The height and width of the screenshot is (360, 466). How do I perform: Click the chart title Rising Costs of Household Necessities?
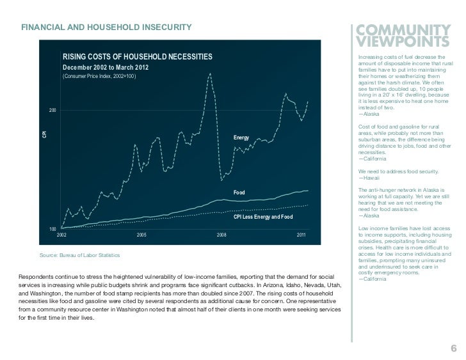[136, 57]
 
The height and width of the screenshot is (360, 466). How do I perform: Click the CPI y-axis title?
[44, 134]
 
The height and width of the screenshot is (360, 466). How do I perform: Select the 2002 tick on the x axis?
[61, 235]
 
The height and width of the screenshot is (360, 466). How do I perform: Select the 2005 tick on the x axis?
[141, 235]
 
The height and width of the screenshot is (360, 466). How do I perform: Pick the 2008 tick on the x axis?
[221, 235]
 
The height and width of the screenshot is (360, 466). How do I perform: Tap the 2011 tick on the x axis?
[301, 235]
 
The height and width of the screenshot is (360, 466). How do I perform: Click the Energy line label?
[241, 138]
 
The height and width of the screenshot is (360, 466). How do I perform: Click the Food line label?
[239, 192]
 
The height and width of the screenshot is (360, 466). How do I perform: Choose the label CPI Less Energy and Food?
[262, 217]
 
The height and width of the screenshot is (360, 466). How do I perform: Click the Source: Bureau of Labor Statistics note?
[79, 256]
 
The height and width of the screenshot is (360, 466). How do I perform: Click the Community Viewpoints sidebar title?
[400, 36]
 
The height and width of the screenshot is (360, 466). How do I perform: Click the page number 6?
[453, 348]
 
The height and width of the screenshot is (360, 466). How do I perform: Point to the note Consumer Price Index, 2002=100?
[99, 77]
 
